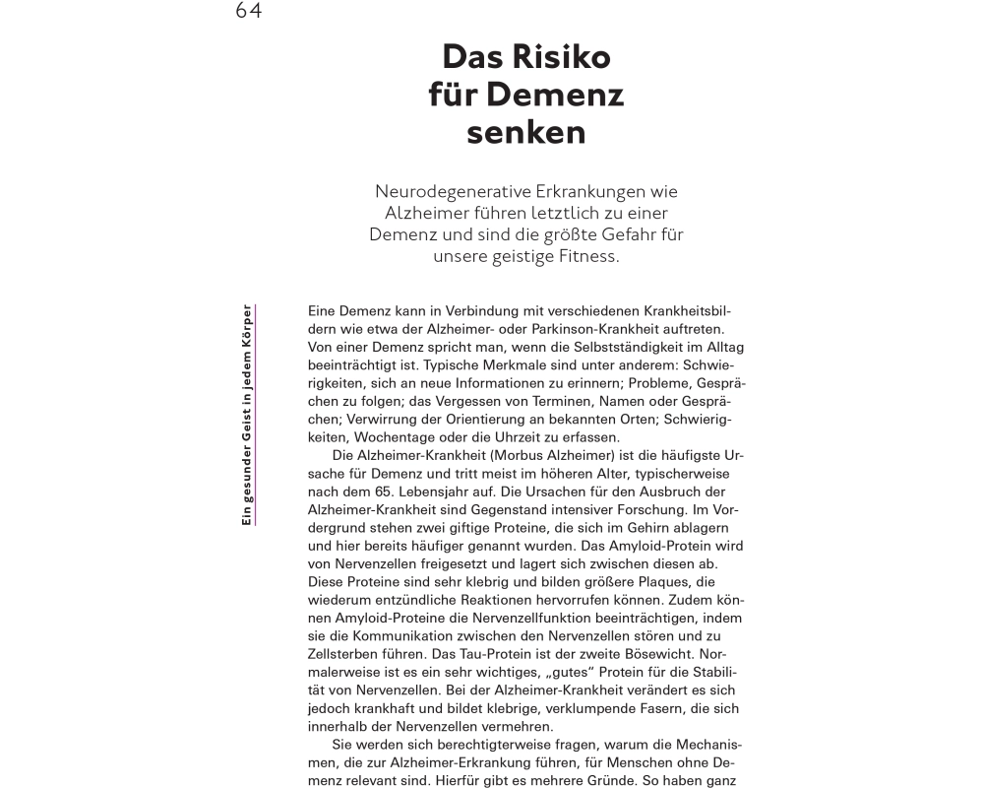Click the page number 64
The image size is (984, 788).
click(248, 11)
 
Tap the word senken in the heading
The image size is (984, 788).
click(526, 131)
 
